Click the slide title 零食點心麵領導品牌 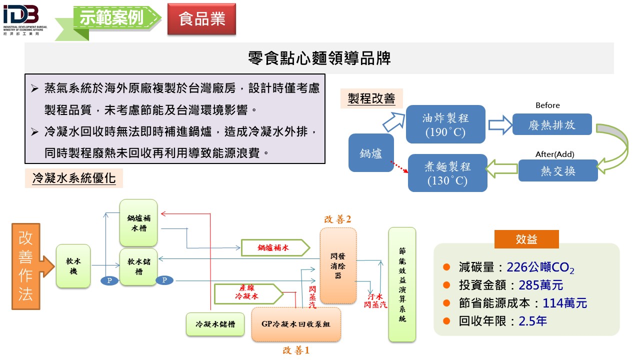pyautogui.click(x=319, y=58)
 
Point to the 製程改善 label pyautogui.click(x=371, y=99)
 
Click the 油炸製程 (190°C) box pyautogui.click(x=445, y=124)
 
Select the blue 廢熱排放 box pyautogui.click(x=552, y=124)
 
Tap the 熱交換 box pyautogui.click(x=558, y=170)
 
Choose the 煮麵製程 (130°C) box pyautogui.click(x=447, y=173)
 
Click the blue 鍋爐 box pyautogui.click(x=371, y=153)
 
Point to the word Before pyautogui.click(x=547, y=105)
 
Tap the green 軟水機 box pyautogui.click(x=73, y=265)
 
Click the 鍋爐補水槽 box pyautogui.click(x=138, y=222)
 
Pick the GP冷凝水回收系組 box pyautogui.click(x=296, y=324)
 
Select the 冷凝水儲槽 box pyautogui.click(x=215, y=324)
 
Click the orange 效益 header pyautogui.click(x=526, y=239)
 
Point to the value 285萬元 pyautogui.click(x=535, y=285)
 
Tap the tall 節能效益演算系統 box pyautogui.click(x=402, y=284)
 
